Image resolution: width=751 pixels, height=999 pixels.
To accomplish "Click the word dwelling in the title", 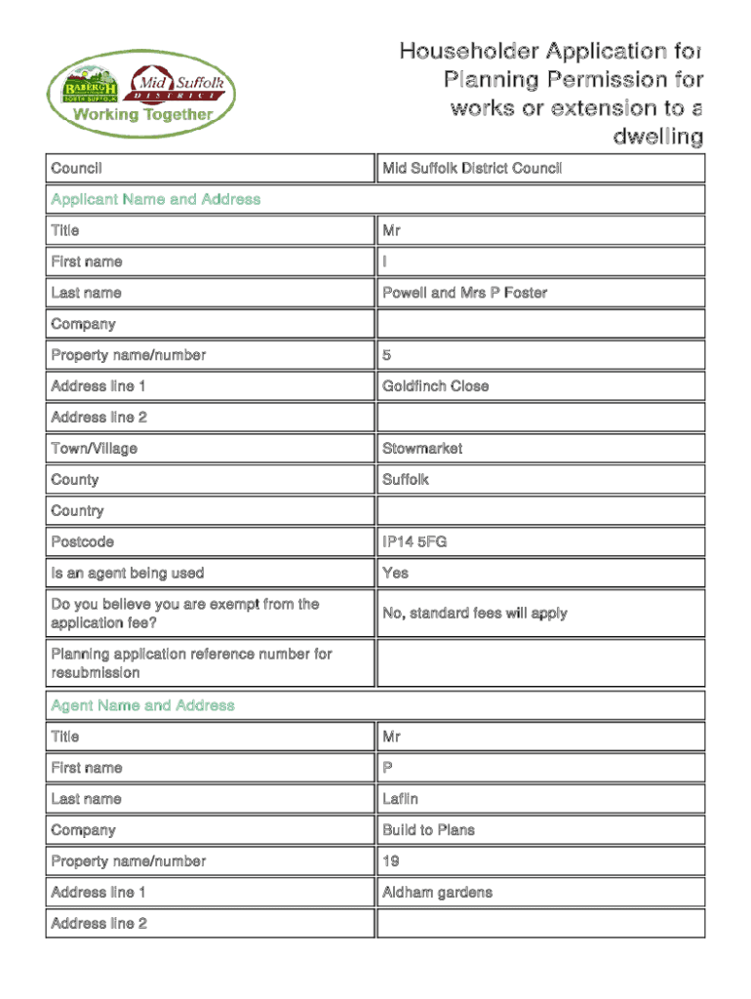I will click(x=657, y=137).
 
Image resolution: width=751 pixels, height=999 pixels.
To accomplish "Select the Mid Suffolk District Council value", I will click(x=472, y=169).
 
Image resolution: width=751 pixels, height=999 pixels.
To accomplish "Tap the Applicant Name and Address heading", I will click(x=156, y=199).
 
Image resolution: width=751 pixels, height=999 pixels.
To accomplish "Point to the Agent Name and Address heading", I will click(x=142, y=705).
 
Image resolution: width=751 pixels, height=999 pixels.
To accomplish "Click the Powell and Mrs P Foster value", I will click(x=464, y=293).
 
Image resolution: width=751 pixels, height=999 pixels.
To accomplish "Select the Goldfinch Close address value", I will click(x=436, y=386).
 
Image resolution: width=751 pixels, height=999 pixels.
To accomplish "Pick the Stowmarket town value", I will click(x=422, y=449).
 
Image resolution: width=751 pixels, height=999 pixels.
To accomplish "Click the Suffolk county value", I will click(x=406, y=480).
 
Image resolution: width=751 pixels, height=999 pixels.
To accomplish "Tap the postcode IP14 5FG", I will click(x=415, y=542).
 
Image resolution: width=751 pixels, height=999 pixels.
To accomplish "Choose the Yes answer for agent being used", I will click(x=396, y=574).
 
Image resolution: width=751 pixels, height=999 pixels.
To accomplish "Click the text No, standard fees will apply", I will click(x=475, y=614).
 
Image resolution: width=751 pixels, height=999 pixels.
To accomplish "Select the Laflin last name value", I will click(x=401, y=799).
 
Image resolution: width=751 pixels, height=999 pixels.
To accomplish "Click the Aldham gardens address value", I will click(x=438, y=893).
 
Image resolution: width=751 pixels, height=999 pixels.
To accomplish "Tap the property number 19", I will click(x=391, y=861).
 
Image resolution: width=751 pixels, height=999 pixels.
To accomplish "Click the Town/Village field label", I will click(x=95, y=449).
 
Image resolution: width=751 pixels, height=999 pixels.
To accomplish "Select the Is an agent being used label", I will click(x=128, y=574).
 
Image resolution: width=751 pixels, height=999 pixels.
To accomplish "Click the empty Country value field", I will click(x=539, y=511).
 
